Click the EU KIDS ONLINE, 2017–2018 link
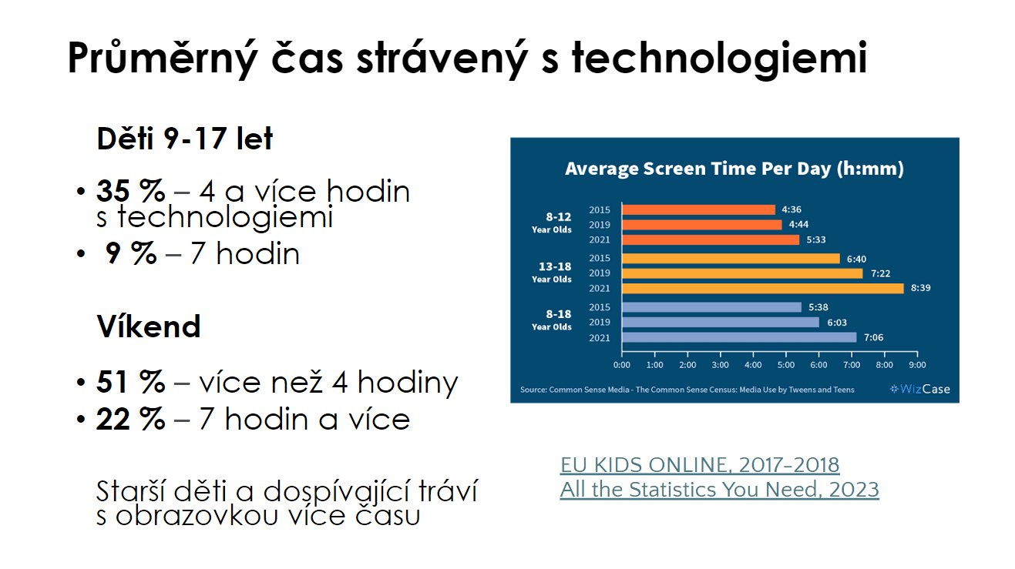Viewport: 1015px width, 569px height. (700, 465)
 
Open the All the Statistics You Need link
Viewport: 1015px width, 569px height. (720, 490)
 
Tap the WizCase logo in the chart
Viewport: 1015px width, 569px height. (920, 389)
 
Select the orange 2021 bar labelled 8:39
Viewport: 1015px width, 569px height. (763, 288)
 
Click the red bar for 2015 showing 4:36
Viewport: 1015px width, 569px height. (699, 209)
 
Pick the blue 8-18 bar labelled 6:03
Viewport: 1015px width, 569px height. (721, 323)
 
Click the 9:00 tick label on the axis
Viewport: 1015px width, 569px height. (917, 365)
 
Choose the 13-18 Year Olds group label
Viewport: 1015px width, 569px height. (552, 272)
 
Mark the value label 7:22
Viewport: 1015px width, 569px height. (880, 273)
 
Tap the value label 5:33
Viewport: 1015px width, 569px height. (815, 240)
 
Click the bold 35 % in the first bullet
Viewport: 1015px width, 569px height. (130, 191)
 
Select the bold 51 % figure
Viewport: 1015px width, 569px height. (130, 382)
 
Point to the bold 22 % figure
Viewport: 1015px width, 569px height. (130, 419)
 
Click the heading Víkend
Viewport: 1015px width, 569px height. (149, 326)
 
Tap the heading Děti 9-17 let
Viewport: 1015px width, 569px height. (185, 139)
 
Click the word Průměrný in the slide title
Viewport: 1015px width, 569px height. (163, 59)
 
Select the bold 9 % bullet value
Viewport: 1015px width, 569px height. (130, 253)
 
